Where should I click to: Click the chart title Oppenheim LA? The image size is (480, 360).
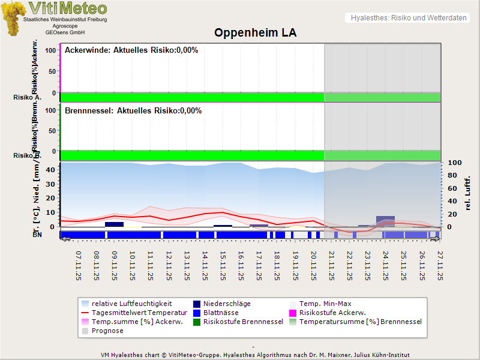tap(256, 33)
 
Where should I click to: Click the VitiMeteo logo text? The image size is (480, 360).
tap(68, 8)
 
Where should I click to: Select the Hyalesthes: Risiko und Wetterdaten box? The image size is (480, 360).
tap(408, 18)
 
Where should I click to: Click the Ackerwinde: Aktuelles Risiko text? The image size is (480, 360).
tap(131, 50)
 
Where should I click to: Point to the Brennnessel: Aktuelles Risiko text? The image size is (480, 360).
tap(133, 111)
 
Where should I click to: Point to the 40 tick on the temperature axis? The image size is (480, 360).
tap(50, 170)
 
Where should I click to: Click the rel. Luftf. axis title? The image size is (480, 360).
tap(469, 193)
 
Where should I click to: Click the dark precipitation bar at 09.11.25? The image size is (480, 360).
tap(114, 224)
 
